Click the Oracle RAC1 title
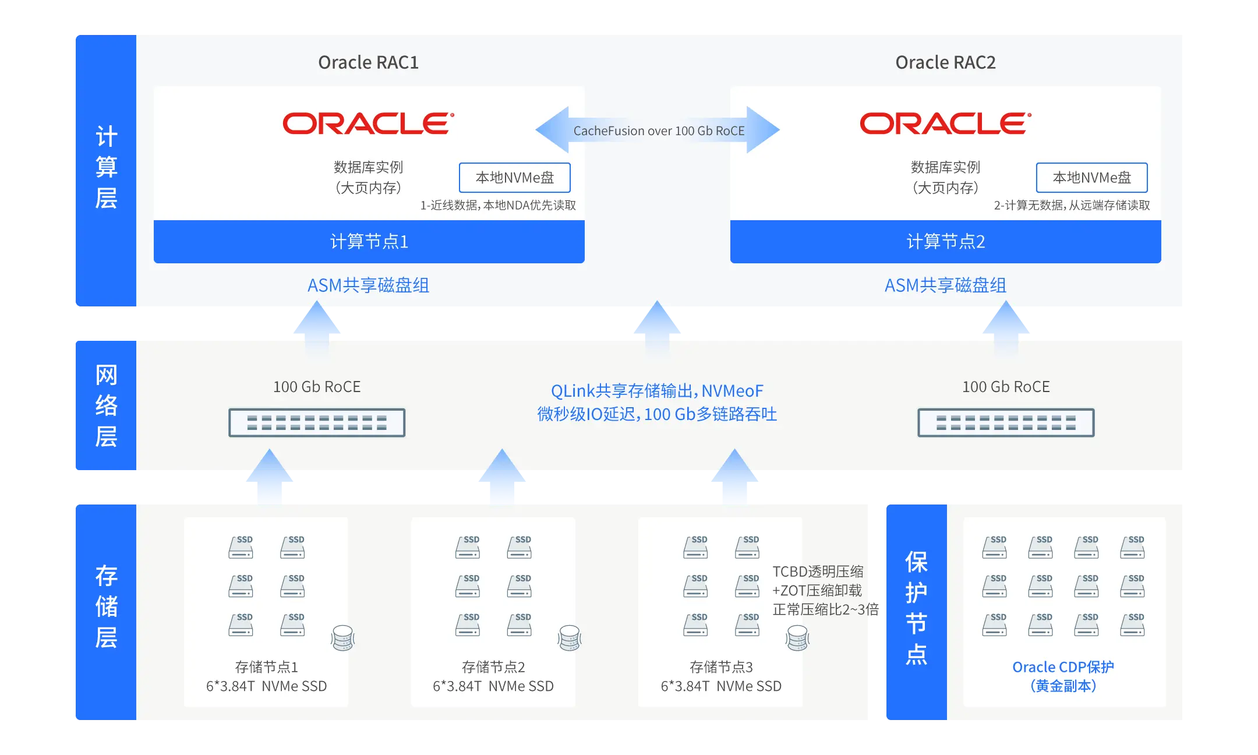tap(368, 62)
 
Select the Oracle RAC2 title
tap(945, 62)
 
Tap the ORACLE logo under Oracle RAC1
tap(368, 124)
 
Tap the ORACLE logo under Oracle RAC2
tap(945, 124)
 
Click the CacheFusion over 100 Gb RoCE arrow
tap(658, 130)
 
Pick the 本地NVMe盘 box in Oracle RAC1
tap(514, 178)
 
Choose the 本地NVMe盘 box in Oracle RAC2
tap(1091, 178)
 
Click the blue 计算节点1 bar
tap(369, 241)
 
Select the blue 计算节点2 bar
tap(945, 241)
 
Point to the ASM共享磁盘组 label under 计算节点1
tap(368, 285)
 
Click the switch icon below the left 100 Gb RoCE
tap(317, 423)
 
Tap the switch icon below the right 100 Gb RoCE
tap(1006, 423)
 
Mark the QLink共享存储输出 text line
tap(657, 391)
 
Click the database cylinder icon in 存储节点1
tap(343, 638)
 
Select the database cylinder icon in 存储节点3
tap(797, 638)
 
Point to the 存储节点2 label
tap(493, 667)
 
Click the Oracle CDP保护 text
tap(1063, 667)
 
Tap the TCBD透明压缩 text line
tap(818, 571)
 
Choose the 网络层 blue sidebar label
tap(106, 405)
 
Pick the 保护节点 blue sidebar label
tap(916, 607)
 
